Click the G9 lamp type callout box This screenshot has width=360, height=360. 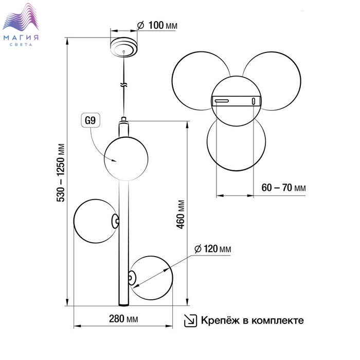[x=91, y=120]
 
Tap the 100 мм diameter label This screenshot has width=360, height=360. [x=157, y=25]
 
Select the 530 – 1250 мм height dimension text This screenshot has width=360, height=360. [x=61, y=173]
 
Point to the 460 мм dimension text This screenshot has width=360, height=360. [x=181, y=214]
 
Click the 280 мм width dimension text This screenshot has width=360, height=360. [x=123, y=319]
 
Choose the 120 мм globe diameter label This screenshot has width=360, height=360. [x=212, y=248]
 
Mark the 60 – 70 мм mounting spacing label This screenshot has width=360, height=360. [x=283, y=188]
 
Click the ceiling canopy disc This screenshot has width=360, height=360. [x=124, y=47]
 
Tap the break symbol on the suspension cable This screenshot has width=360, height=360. [x=124, y=84]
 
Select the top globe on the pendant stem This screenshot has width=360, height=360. [x=126, y=158]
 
